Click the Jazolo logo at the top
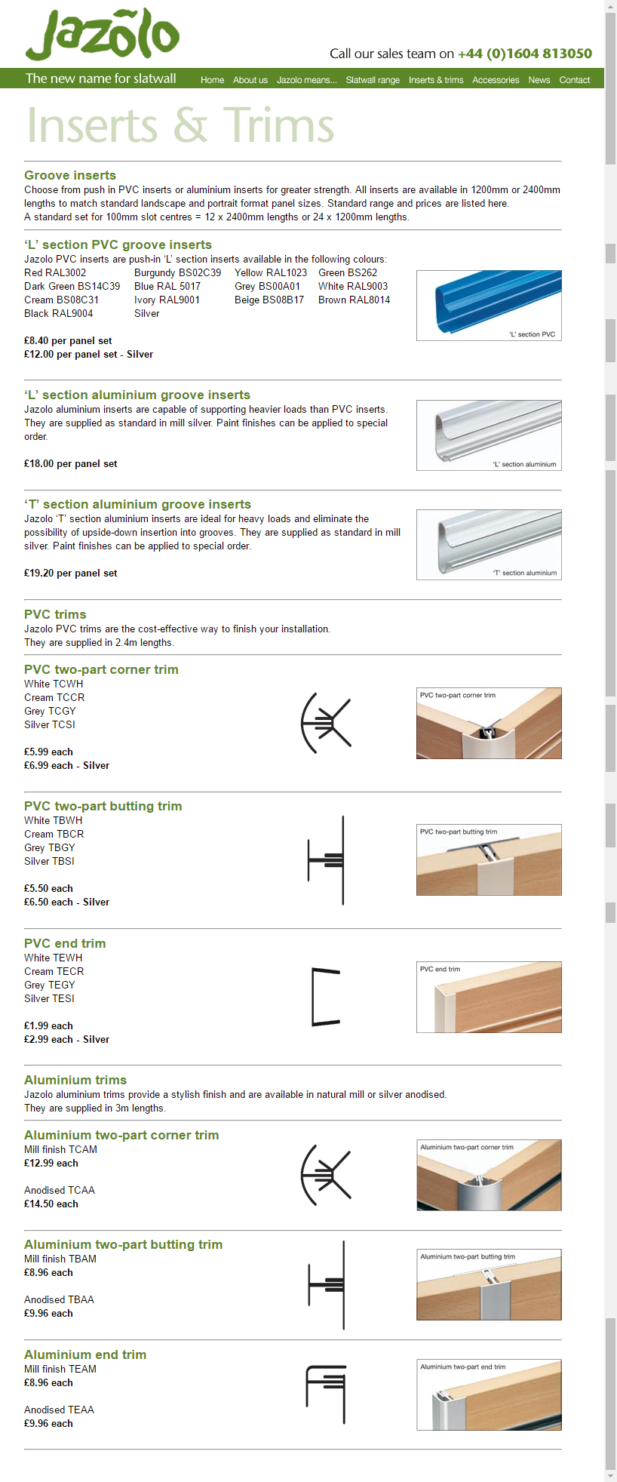103,35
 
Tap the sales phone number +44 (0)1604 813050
524,54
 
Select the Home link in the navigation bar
212,80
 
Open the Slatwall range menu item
373,80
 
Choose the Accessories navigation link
496,80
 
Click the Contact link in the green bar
574,80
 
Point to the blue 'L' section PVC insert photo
489,305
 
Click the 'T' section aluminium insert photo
489,544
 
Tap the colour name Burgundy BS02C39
177,272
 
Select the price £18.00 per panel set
71,463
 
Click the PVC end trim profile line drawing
326,997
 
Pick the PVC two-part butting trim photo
489,859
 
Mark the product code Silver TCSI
50,724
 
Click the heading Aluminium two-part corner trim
121,1135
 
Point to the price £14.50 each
51,1204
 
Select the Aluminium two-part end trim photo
489,1394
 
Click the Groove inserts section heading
70,175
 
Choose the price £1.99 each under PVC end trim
48,1025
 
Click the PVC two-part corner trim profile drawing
326,723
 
